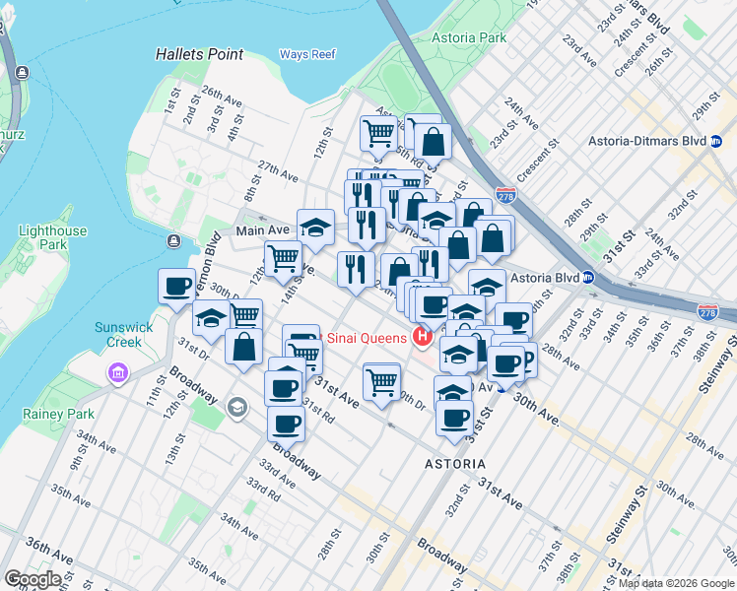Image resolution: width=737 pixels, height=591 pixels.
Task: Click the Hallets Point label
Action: click(199, 54)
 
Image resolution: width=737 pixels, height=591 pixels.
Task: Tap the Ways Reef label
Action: click(307, 54)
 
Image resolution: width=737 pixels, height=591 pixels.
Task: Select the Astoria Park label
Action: click(469, 38)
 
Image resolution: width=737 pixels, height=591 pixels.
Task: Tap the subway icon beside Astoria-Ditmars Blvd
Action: click(701, 142)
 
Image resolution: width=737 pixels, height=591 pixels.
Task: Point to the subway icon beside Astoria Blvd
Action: click(588, 278)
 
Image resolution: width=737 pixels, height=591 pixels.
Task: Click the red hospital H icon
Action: click(423, 339)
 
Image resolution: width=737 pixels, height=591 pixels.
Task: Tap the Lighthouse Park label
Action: click(53, 237)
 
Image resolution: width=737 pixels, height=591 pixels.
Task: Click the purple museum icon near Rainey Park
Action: click(118, 373)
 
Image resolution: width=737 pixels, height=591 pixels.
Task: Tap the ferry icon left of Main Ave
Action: click(174, 241)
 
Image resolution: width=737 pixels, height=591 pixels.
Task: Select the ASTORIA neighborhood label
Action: click(454, 463)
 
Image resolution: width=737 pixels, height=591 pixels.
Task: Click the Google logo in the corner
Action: click(33, 579)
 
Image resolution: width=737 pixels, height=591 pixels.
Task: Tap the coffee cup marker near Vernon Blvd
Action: click(176, 287)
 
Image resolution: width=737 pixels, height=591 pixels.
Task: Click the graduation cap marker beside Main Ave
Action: click(315, 227)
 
